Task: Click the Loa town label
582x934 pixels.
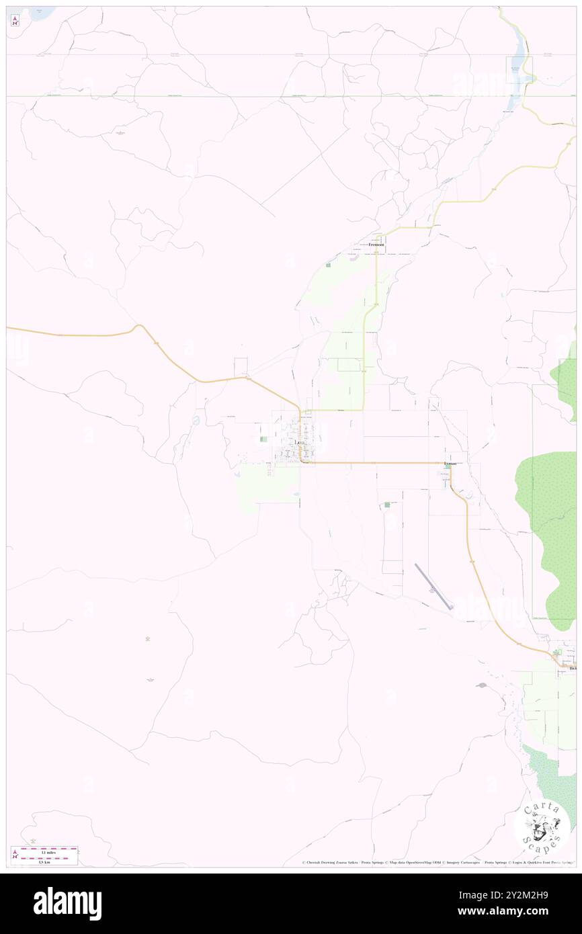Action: coord(300,443)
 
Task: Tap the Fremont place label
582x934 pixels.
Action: coord(376,245)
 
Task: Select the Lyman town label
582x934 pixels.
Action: coord(450,464)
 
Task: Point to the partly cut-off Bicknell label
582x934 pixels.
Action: coord(572,669)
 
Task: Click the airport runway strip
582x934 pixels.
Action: coord(433,587)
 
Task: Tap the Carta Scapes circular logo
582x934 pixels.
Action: coord(542,827)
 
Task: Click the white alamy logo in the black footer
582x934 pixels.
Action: coord(67,903)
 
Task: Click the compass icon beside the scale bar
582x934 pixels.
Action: coord(15,855)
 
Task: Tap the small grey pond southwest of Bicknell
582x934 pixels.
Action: coord(481,686)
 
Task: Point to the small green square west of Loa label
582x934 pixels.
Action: coord(262,440)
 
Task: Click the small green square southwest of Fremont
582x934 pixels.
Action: coord(328,265)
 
